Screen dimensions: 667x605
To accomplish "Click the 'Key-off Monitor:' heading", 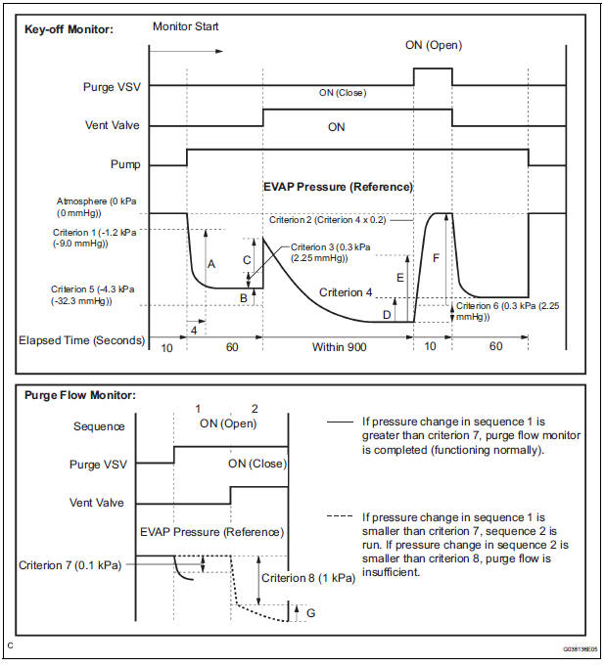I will coord(70,29).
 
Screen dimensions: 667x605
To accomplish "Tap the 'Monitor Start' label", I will coord(186,26).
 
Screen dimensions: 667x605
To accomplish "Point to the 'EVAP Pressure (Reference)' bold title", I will coord(338,187).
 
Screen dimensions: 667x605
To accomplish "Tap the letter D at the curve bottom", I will coord(386,314).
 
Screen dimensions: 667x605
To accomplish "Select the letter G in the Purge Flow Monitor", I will coord(311,612).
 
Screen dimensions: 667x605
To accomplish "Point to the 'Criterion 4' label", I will coord(346,292).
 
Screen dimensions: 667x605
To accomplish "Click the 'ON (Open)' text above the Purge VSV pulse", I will coord(433,45).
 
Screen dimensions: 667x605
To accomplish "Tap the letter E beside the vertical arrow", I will coord(399,278).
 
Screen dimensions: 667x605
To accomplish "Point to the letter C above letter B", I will coord(247,260).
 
